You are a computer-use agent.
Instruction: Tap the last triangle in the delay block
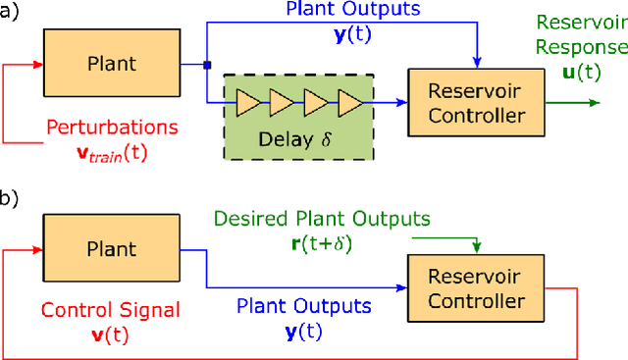(x=350, y=101)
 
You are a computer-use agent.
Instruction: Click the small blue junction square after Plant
(x=206, y=66)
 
